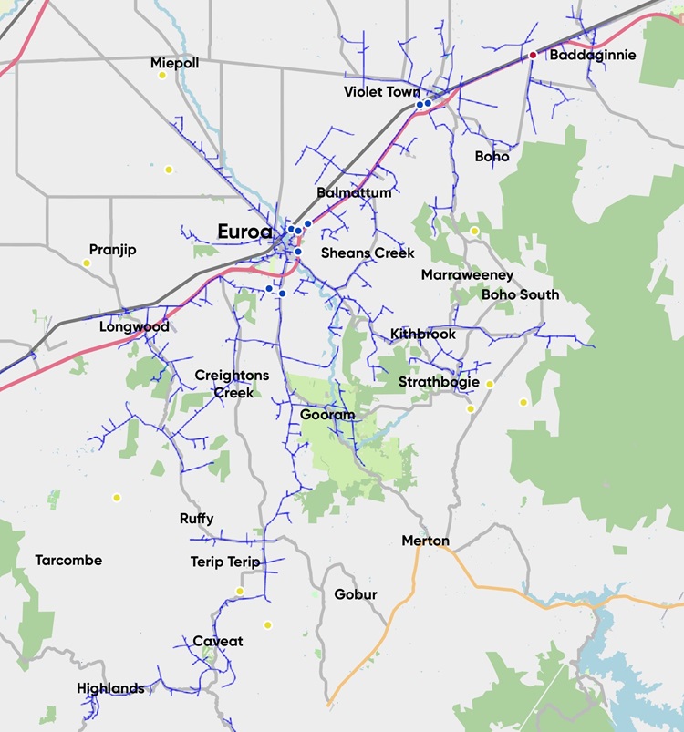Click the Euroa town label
tap(244, 232)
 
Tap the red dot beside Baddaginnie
tap(534, 56)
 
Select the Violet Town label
tap(382, 92)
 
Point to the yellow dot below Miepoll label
tap(162, 76)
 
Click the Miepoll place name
tap(174, 63)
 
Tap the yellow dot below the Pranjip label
tap(87, 263)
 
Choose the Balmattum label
tap(354, 193)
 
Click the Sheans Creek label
tap(368, 253)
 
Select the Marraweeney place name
tap(467, 275)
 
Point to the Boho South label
tap(520, 294)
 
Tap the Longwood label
tap(134, 326)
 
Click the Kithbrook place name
tap(422, 335)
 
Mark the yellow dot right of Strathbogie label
tap(490, 384)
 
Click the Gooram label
tap(326, 415)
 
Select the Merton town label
tap(425, 541)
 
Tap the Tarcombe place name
tap(68, 560)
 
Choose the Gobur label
tap(356, 594)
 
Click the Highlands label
tap(110, 688)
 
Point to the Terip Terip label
tap(225, 562)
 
